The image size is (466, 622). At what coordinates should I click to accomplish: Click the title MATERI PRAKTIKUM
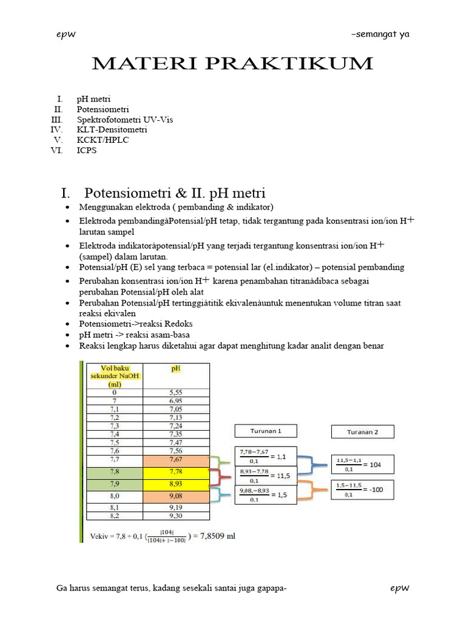(x=232, y=63)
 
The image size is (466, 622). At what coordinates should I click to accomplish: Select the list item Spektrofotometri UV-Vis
(x=124, y=120)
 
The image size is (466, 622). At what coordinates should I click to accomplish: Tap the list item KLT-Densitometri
(x=112, y=129)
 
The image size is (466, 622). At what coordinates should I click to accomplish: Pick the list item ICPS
(x=86, y=150)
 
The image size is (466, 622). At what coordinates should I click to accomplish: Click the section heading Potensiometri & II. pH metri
(x=175, y=194)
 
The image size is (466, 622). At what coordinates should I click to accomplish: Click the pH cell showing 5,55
(x=176, y=392)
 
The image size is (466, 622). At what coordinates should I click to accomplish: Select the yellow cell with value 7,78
(x=176, y=472)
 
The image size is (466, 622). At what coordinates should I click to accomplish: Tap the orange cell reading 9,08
(x=176, y=497)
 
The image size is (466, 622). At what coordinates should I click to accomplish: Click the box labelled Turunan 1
(x=266, y=431)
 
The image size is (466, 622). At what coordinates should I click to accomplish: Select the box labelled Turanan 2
(x=362, y=432)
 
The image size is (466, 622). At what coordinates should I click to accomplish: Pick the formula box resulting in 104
(x=362, y=464)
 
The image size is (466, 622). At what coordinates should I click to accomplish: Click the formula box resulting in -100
(x=362, y=490)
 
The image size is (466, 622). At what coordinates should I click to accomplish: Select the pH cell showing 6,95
(x=176, y=402)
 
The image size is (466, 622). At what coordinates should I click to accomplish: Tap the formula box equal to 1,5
(x=266, y=494)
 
